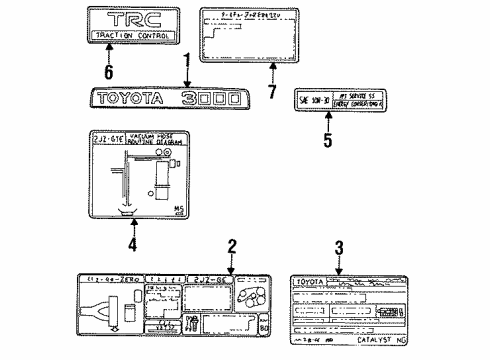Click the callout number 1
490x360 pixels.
tap(187, 62)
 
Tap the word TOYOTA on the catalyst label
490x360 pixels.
tap(308, 281)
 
